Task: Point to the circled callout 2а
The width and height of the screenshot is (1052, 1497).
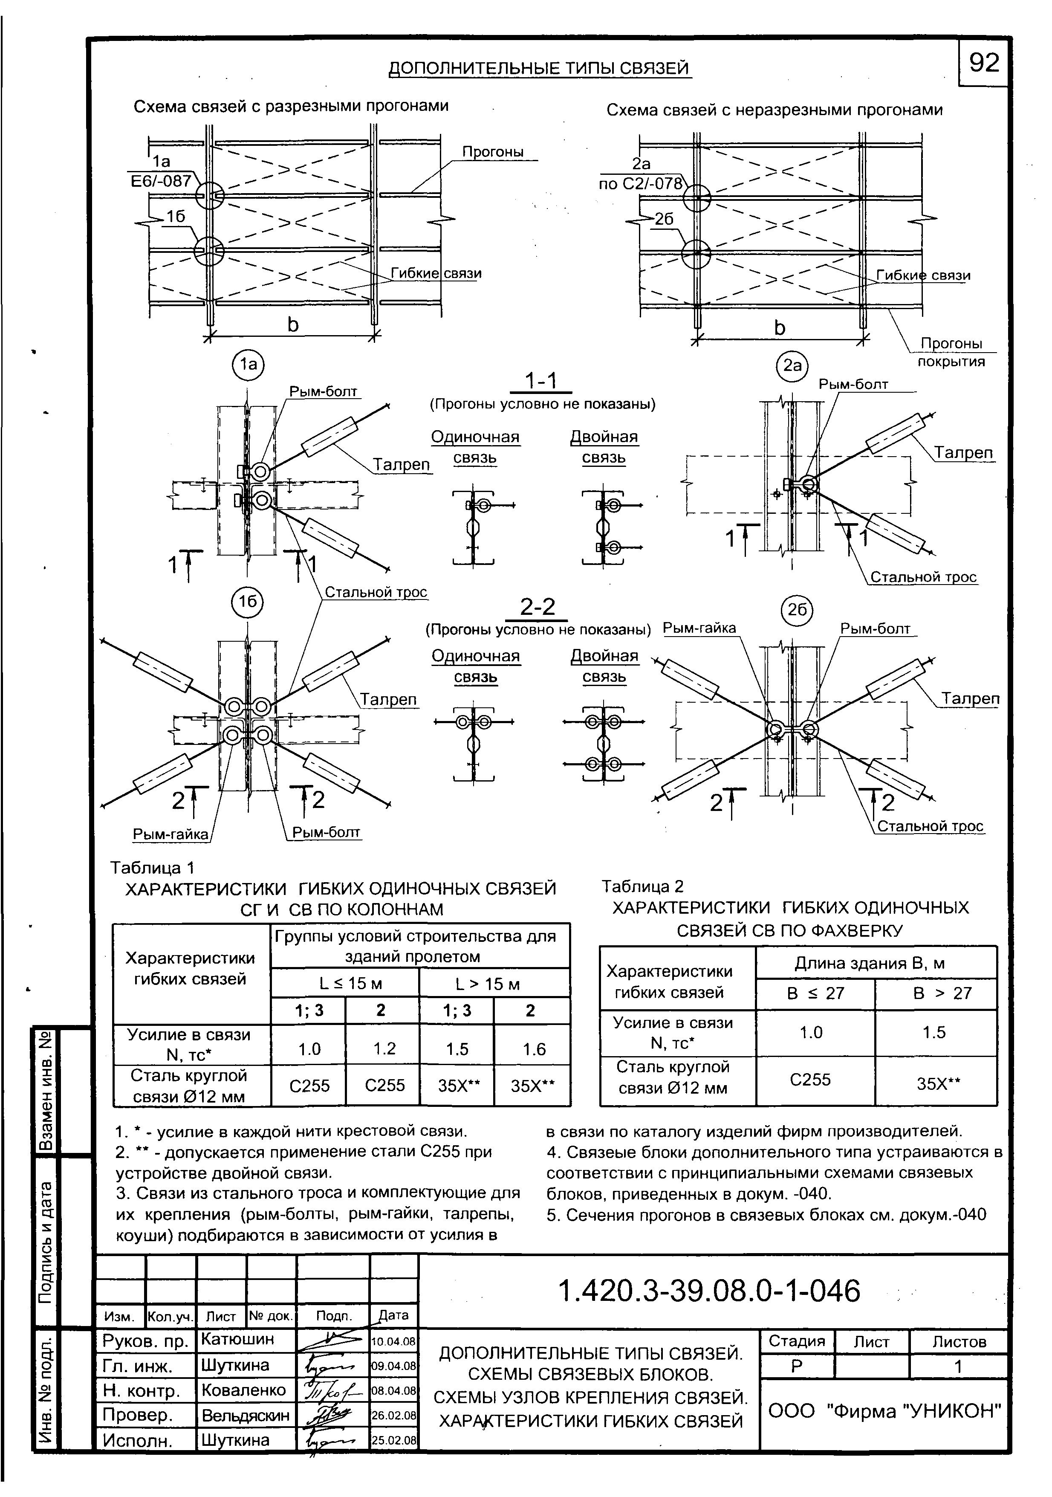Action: coord(792,366)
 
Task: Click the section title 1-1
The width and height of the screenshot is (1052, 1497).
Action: coord(540,382)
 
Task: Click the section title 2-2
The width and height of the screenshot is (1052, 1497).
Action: coord(538,608)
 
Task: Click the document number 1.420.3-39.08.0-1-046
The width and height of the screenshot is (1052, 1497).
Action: coord(710,1290)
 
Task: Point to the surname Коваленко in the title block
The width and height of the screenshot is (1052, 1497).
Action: coord(243,1390)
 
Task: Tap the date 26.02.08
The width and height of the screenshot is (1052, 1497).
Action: coord(393,1415)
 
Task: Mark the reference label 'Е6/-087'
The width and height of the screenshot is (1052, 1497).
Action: coord(161,181)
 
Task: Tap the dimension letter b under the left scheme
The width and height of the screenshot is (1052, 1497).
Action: coord(293,325)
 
